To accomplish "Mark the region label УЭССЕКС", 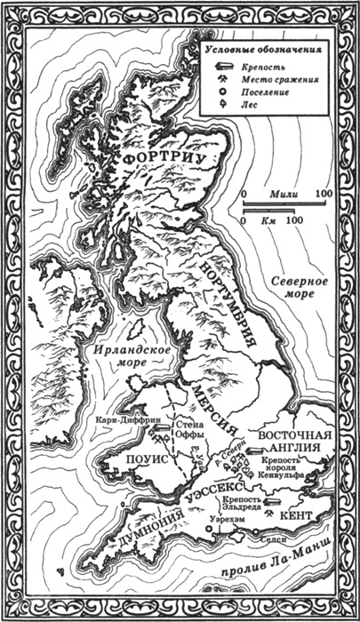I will (x=210, y=491).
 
